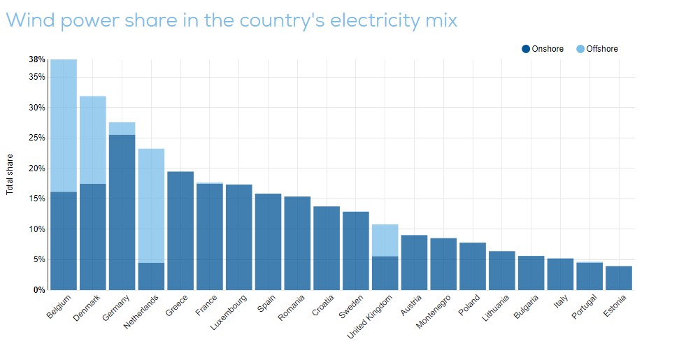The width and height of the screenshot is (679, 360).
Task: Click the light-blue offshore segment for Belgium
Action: (64, 126)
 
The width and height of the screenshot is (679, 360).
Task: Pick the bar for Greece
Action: (180, 231)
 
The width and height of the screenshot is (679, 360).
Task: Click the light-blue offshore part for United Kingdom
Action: (385, 240)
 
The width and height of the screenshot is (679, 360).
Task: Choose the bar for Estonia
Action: (619, 278)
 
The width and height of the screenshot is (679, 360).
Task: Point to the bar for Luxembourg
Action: (239, 237)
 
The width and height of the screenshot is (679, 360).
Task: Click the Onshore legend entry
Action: (543, 49)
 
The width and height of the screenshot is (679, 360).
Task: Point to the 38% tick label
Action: (37, 59)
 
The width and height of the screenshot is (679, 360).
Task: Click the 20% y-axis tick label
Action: (37, 168)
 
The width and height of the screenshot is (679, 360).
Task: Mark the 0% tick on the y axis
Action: (40, 290)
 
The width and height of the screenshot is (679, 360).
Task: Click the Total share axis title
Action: (10, 174)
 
